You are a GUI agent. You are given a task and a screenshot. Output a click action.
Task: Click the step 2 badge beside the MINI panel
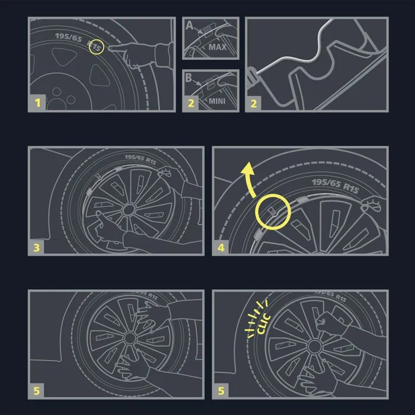[190, 102]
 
